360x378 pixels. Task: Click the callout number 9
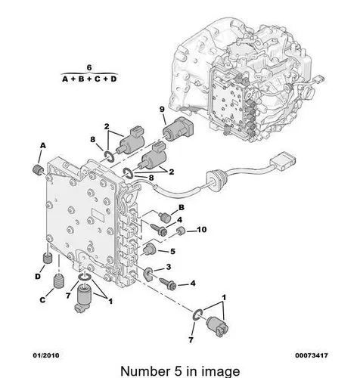pos(162,110)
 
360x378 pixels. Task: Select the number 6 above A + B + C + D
pos(89,68)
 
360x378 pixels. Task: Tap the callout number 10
pos(201,230)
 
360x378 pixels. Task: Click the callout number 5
pos(172,251)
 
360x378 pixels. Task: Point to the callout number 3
pos(169,267)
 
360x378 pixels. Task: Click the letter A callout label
pos(43,145)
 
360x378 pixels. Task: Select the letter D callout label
pos(38,277)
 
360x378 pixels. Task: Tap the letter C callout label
pos(42,300)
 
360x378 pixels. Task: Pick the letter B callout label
pos(182,207)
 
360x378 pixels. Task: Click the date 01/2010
pos(46,355)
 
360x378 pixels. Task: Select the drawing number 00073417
pos(312,355)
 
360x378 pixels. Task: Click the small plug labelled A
pos(38,169)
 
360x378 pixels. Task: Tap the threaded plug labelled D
pos(47,258)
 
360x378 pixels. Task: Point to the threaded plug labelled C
pos(59,281)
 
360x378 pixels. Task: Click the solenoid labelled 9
pos(178,129)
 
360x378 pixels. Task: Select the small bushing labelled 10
pos(181,231)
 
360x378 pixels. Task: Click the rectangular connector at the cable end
pos(283,161)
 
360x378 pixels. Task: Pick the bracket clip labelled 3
pos(147,274)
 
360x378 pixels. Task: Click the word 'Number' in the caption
pos(145,371)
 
